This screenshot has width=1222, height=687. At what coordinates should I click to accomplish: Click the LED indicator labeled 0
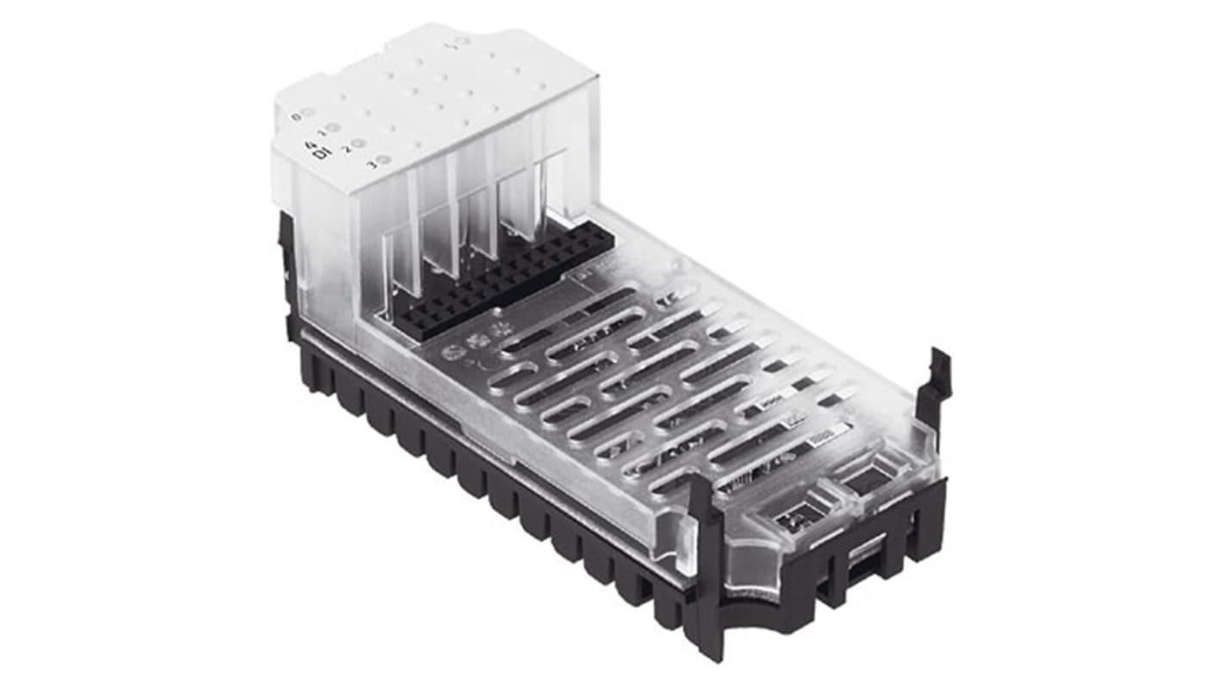point(308,114)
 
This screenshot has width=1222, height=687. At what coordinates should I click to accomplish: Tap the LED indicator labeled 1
point(333,129)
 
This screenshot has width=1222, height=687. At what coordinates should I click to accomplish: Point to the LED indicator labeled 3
point(384,159)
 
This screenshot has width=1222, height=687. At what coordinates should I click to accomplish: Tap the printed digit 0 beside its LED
point(296,116)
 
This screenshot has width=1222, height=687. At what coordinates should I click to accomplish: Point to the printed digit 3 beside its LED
point(372,164)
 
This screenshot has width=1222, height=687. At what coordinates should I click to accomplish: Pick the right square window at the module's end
point(867,474)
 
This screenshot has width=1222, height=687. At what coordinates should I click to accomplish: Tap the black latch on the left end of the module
point(289,267)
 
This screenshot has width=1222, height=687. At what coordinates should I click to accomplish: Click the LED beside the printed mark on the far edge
point(462,41)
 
